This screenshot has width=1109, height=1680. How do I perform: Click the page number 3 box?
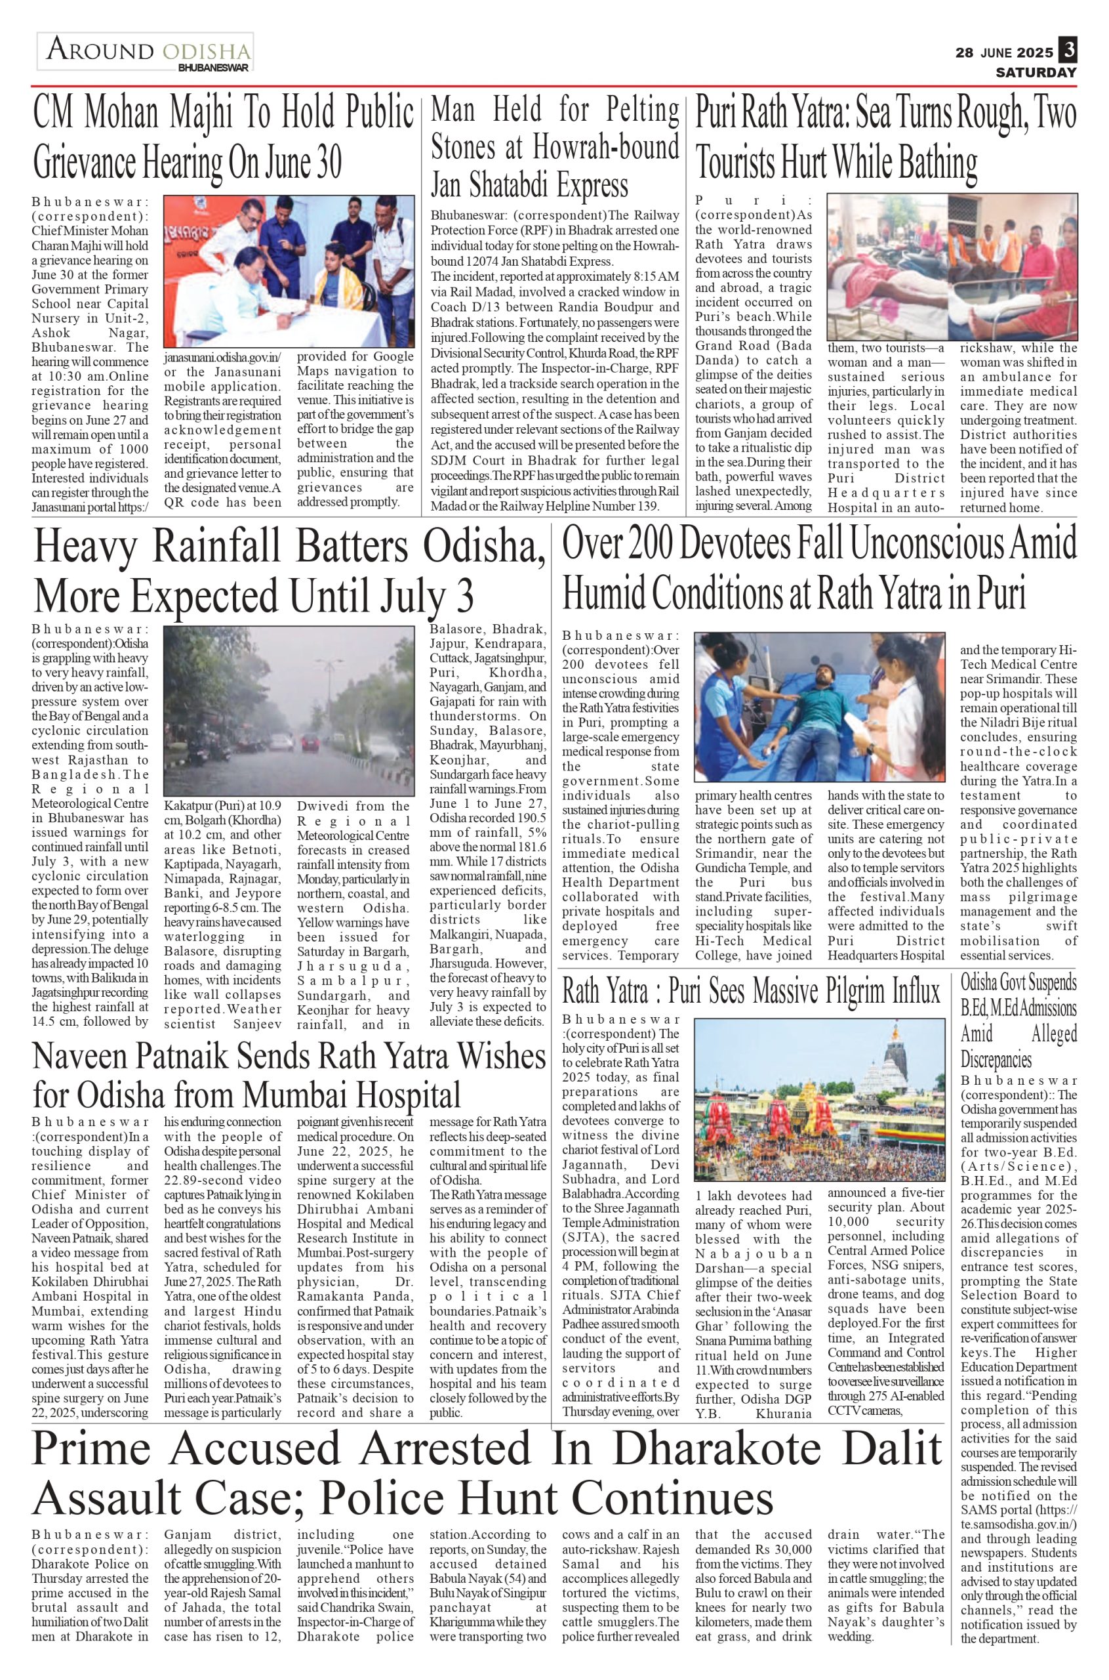tap(1068, 51)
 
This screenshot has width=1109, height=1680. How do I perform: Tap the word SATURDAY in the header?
tap(1036, 72)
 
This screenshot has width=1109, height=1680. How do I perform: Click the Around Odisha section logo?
tap(145, 52)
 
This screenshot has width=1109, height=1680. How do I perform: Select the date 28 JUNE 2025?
tap(1004, 52)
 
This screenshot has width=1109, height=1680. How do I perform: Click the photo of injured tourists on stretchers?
tap(952, 267)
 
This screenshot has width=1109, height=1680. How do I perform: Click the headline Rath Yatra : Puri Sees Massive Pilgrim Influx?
tap(751, 992)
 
